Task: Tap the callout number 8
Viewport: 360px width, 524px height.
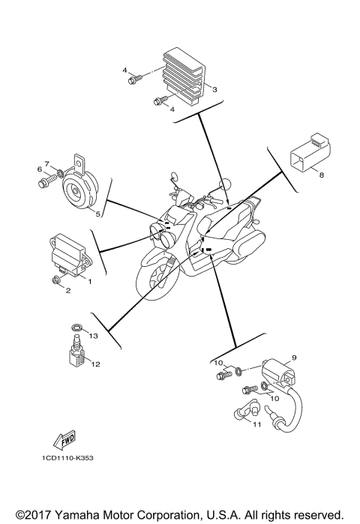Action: pyautogui.click(x=321, y=175)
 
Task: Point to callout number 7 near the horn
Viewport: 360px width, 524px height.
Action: pyautogui.click(x=46, y=163)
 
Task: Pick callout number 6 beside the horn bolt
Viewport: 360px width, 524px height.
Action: pyautogui.click(x=39, y=169)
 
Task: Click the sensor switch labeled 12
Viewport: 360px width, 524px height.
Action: pyautogui.click(x=75, y=352)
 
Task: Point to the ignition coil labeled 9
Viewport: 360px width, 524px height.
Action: pyautogui.click(x=281, y=371)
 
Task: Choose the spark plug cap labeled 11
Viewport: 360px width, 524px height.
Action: pyautogui.click(x=248, y=411)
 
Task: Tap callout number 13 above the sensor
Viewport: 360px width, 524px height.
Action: pyautogui.click(x=94, y=336)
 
